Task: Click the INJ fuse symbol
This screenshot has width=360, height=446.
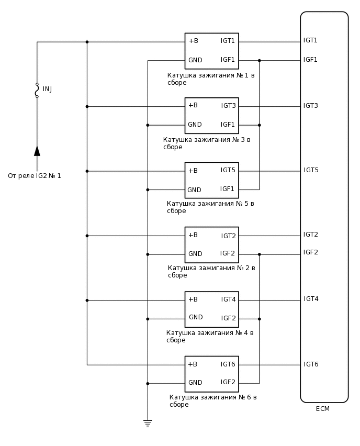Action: point(37,91)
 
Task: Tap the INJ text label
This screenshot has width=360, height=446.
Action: point(47,89)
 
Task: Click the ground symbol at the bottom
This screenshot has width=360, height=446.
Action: point(148,422)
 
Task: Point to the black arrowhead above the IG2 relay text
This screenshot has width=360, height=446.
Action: point(37,151)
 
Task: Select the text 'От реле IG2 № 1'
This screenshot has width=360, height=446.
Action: point(35,176)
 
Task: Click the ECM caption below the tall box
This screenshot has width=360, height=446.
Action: point(323,409)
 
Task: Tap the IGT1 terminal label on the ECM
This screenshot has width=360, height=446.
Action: point(310,40)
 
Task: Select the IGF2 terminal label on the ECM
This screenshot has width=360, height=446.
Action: point(310,252)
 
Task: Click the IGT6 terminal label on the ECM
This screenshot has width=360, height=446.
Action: point(311,364)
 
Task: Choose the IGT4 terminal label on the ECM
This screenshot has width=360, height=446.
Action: point(311,299)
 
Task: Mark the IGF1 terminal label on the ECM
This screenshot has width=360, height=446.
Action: point(310,60)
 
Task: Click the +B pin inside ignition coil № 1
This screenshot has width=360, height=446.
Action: point(193,41)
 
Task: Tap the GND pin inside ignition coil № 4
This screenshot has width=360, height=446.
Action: point(195,317)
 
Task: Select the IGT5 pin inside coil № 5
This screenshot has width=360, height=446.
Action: point(228,170)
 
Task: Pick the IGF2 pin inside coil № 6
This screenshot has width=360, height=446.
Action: point(228,382)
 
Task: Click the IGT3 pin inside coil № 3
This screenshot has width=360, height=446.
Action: point(228,106)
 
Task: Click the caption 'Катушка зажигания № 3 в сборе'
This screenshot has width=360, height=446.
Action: point(207,143)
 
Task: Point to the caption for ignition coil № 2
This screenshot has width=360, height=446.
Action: point(211,271)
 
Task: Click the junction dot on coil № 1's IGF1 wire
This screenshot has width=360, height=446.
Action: point(260,61)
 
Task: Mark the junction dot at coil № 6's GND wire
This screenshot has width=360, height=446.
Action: point(148,384)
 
